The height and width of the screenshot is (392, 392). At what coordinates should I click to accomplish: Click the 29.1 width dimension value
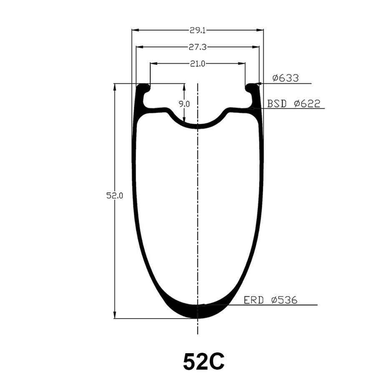coord(198,30)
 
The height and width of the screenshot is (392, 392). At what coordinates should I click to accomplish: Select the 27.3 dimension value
coord(198,47)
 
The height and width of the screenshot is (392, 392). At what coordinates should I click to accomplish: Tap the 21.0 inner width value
coord(198,64)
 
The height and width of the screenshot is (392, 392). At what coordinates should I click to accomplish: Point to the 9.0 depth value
coord(184,104)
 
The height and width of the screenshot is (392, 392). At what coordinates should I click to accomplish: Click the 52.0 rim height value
coord(115,196)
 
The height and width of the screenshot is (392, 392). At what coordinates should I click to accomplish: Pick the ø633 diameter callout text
coord(286,78)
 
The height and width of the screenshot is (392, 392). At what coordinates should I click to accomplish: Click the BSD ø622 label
coord(294,103)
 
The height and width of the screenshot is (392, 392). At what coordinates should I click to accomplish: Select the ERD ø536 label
coord(271,300)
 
